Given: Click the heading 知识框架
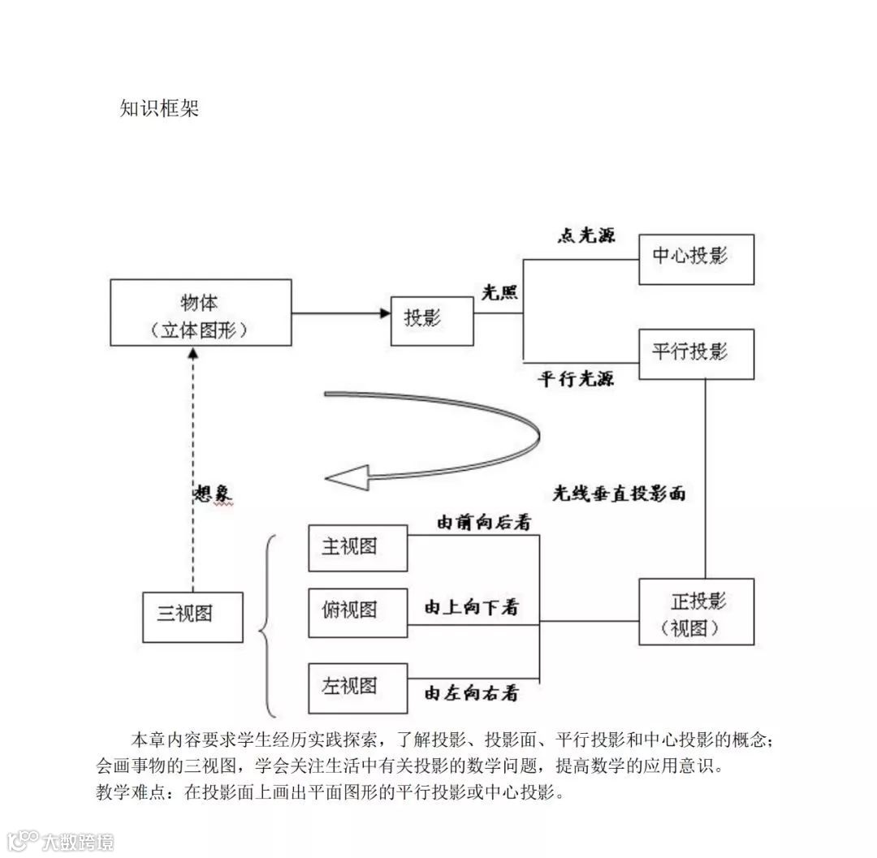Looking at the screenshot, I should click(x=159, y=109).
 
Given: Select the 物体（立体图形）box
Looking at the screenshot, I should click(x=201, y=313).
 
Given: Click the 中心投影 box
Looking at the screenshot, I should click(x=696, y=259).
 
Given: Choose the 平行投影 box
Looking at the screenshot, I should click(x=696, y=354).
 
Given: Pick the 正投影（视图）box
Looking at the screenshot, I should click(x=696, y=612).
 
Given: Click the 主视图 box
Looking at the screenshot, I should click(x=357, y=548).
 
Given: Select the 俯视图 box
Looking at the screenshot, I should click(x=357, y=611).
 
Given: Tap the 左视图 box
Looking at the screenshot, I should click(x=357, y=686).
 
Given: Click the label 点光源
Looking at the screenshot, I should click(x=585, y=235).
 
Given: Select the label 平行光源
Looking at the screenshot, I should click(x=576, y=378).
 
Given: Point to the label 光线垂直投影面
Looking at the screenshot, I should click(x=619, y=494).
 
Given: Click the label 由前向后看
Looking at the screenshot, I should click(x=484, y=523).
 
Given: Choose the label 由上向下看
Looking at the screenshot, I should click(x=472, y=607).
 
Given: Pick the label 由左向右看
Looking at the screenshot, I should click(x=472, y=693).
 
